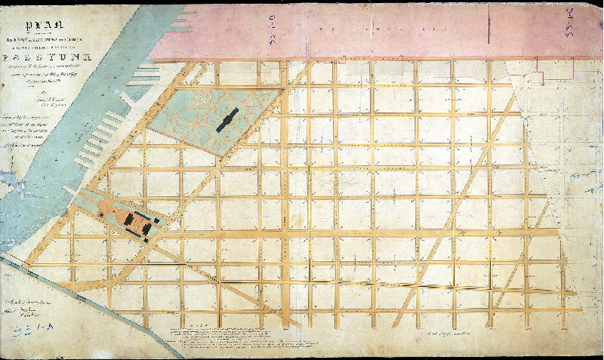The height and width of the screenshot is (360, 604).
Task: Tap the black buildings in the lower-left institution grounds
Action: pos(140,221)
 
